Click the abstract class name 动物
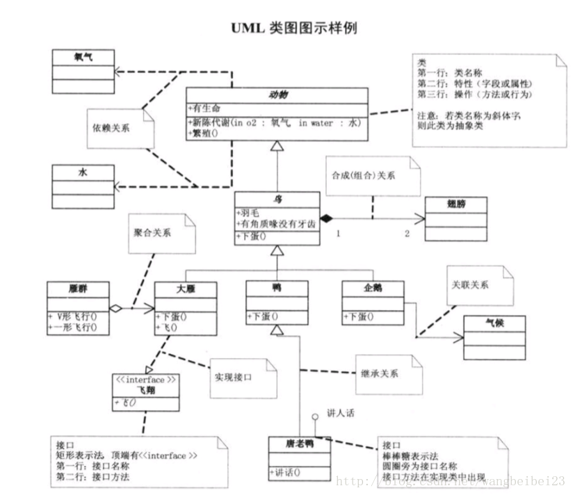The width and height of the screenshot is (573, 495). [x=277, y=95]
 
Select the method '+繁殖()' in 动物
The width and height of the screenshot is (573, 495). [x=203, y=133]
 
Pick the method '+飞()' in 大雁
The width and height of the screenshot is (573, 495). [x=167, y=327]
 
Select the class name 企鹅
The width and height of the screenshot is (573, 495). [x=373, y=287]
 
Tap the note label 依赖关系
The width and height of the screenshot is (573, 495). [x=111, y=128]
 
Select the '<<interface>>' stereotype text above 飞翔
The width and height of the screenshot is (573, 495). [x=146, y=380]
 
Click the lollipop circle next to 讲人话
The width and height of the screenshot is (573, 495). [x=314, y=416]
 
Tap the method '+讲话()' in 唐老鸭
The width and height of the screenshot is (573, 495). [x=286, y=473]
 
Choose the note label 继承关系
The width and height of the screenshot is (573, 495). [x=380, y=373]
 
